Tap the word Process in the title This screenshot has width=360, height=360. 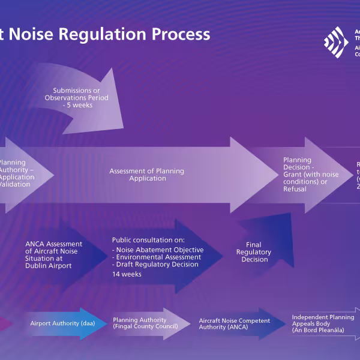[181, 34]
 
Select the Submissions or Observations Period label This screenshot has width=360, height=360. [77, 94]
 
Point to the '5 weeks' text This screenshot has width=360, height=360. [77, 105]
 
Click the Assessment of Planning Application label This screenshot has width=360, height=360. [146, 175]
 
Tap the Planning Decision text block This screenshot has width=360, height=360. [311, 175]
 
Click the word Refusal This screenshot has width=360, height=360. [295, 189]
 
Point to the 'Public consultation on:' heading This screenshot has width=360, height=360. [148, 240]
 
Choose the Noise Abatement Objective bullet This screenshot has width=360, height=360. [158, 250]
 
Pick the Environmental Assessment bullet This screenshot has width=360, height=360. [156, 257]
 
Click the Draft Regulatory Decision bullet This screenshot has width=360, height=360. [155, 265]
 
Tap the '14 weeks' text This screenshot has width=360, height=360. [127, 274]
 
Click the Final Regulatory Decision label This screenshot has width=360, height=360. [254, 252]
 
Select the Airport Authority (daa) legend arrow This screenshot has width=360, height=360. [58, 323]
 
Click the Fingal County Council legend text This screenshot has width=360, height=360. [145, 326]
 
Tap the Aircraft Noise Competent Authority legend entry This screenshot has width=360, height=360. [235, 324]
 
